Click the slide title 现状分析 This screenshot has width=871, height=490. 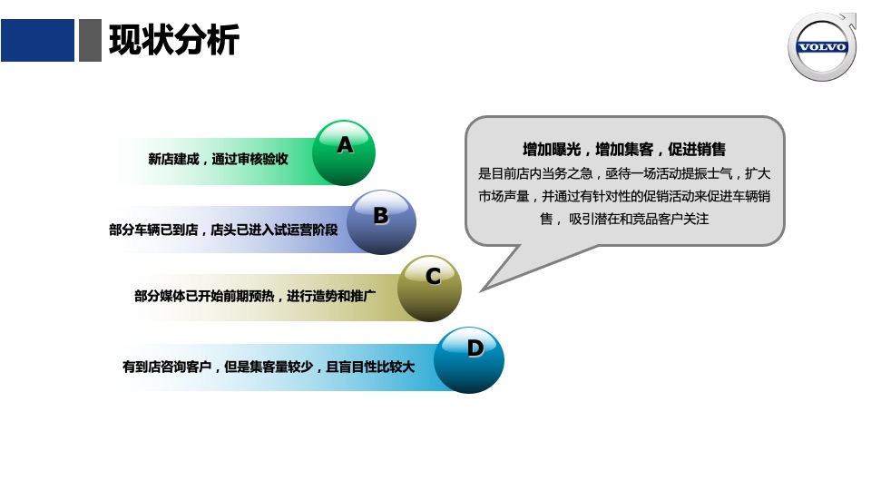tap(173, 41)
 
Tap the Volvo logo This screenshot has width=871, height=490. tap(822, 47)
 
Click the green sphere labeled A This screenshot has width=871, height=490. tap(344, 152)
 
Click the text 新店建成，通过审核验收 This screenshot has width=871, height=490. tap(218, 159)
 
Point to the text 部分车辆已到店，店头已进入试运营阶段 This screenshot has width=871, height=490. tap(223, 230)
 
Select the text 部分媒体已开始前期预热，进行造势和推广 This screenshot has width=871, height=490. tap(255, 296)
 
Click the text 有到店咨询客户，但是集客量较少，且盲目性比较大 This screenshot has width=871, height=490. tap(269, 367)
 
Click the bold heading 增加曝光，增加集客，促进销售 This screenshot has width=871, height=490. tap(624, 150)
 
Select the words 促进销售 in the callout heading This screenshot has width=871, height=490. tap(697, 150)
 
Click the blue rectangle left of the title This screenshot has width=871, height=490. tap(37, 41)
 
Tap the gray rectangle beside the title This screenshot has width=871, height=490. tap(90, 41)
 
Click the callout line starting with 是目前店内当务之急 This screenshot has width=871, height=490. tap(624, 173)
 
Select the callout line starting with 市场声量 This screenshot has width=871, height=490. tap(624, 196)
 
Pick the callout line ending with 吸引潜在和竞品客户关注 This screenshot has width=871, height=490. tap(624, 219)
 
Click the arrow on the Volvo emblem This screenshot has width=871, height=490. tap(849, 18)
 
